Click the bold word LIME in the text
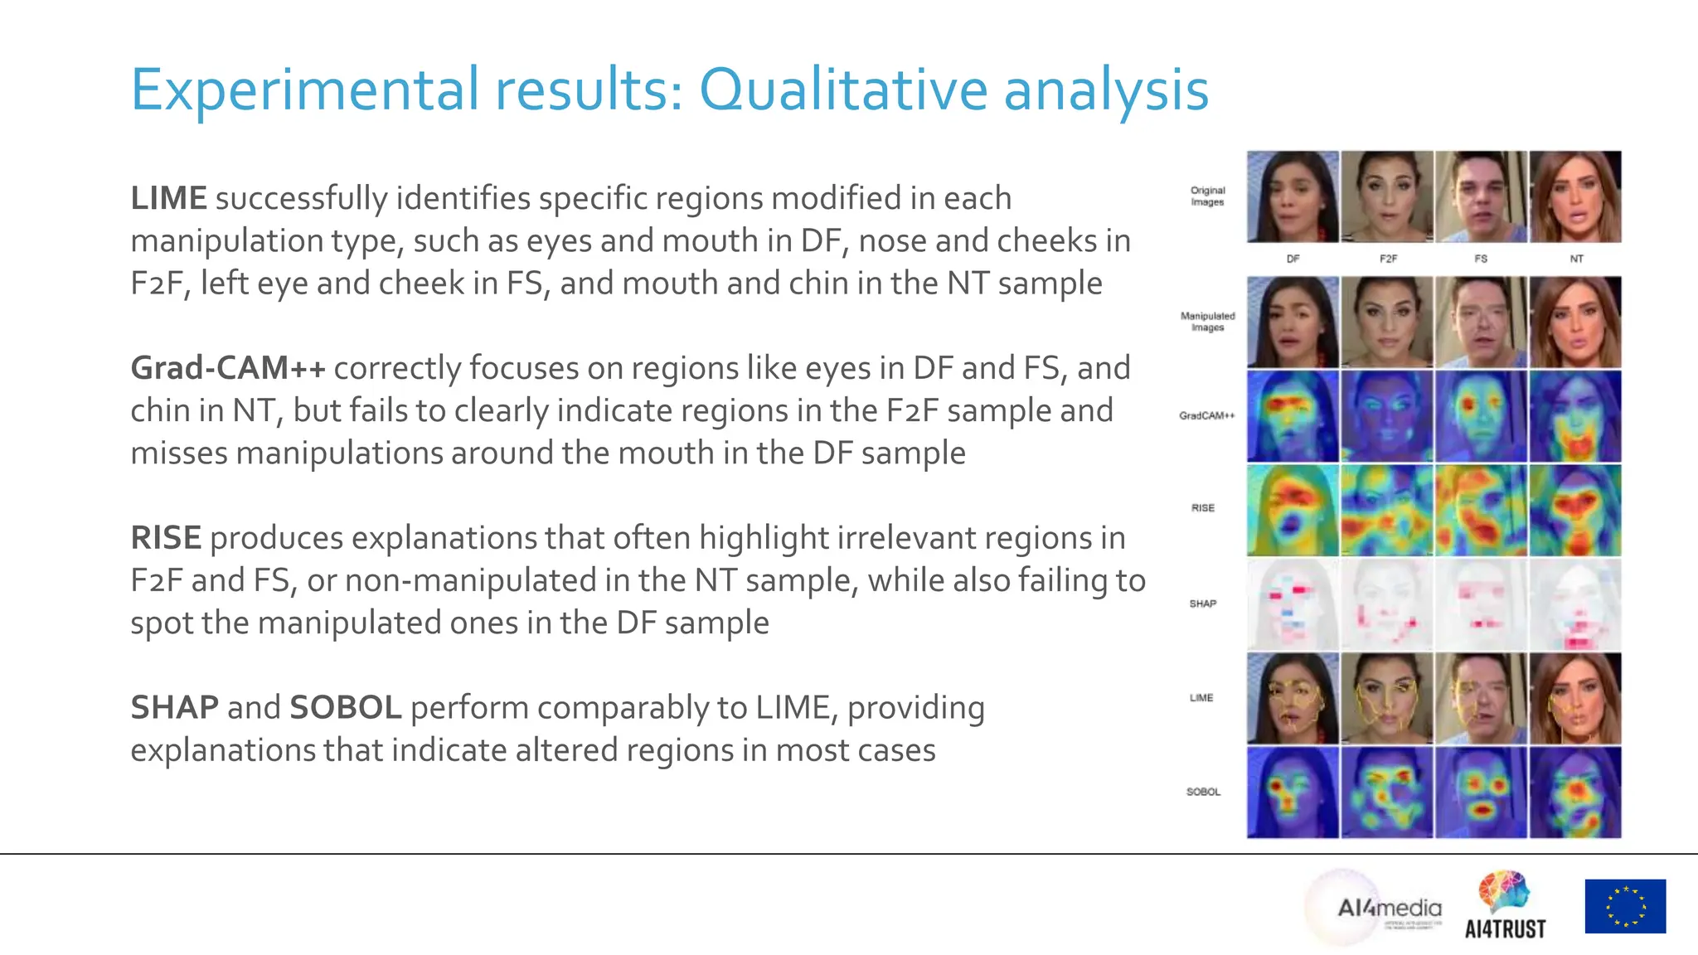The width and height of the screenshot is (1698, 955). [x=168, y=198]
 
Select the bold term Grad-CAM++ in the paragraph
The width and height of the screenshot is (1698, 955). [x=228, y=368]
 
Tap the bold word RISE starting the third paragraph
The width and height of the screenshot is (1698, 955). [x=165, y=538]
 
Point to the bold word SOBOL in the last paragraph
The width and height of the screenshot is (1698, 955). [x=345, y=708]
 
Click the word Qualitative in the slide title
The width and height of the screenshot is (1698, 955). [x=843, y=89]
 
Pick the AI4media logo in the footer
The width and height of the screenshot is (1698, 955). [x=1389, y=909]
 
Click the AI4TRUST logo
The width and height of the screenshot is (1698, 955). [x=1505, y=907]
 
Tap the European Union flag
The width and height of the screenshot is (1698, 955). [x=1625, y=906]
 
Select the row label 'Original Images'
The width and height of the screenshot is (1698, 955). [x=1207, y=196]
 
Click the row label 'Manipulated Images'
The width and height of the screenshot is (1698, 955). [x=1207, y=322]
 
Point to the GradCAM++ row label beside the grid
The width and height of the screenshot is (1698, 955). [x=1207, y=416]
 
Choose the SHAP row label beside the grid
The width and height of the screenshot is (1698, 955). [x=1203, y=604]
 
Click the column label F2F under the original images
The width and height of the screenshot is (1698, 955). [x=1388, y=259]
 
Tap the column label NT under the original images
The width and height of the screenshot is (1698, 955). [x=1576, y=259]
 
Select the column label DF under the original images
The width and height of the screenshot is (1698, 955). [x=1293, y=259]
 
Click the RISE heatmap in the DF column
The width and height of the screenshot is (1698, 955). [x=1293, y=510]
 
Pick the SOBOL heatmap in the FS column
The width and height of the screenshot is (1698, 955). [x=1481, y=793]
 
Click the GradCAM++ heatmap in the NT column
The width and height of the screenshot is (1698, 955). [x=1575, y=416]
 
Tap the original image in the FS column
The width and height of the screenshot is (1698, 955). [x=1481, y=196]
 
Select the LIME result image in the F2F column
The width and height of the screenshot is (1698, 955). [x=1387, y=698]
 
